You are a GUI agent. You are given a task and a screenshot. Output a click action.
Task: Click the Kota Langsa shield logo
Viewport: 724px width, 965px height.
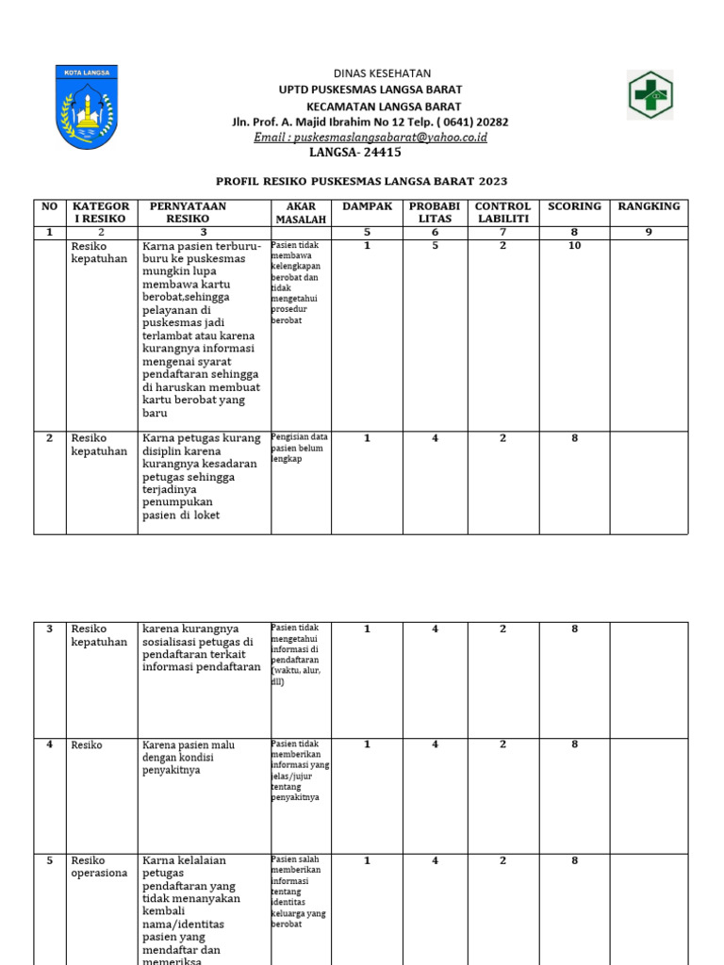pyautogui.click(x=86, y=106)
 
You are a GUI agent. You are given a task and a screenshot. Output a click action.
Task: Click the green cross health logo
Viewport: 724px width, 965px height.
pyautogui.click(x=650, y=95)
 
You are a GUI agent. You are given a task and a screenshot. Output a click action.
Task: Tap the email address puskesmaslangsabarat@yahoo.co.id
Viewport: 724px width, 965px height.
pyautogui.click(x=370, y=137)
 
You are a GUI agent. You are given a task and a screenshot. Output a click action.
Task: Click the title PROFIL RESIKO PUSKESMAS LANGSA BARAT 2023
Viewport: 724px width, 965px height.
pyautogui.click(x=361, y=180)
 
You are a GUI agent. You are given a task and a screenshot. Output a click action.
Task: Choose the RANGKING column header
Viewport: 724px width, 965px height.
pyautogui.click(x=648, y=206)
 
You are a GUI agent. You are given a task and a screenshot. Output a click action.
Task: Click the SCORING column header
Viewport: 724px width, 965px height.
pyautogui.click(x=574, y=206)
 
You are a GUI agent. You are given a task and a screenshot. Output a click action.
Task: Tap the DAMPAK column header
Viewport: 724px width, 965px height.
pyautogui.click(x=367, y=206)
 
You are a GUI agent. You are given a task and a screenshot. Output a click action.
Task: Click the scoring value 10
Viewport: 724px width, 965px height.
pyautogui.click(x=574, y=246)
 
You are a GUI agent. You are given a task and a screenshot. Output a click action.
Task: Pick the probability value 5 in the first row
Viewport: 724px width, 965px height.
pyautogui.click(x=435, y=246)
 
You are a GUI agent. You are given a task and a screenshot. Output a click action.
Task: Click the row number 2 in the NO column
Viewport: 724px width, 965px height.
pyautogui.click(x=49, y=438)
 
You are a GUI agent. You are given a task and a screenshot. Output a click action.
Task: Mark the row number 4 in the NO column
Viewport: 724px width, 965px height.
pyautogui.click(x=49, y=744)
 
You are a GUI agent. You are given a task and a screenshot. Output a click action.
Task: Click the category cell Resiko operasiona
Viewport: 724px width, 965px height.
pyautogui.click(x=99, y=867)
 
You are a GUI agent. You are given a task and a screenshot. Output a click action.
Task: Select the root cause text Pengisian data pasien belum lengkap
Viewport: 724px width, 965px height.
pyautogui.click(x=300, y=449)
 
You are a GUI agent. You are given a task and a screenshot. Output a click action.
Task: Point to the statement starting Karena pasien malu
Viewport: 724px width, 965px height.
pyautogui.click(x=189, y=758)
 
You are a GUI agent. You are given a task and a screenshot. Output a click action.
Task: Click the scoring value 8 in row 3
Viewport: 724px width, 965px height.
pyautogui.click(x=574, y=630)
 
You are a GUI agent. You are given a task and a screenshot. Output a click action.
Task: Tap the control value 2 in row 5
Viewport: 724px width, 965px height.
pyautogui.click(x=502, y=860)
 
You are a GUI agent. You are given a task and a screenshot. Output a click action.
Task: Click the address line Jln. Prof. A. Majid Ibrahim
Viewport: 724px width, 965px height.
pyautogui.click(x=370, y=122)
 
